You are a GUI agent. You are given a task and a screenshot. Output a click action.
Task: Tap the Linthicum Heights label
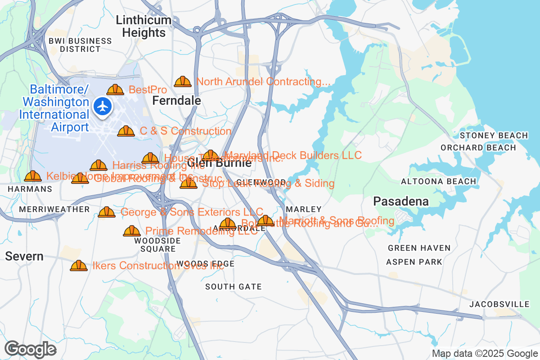[x=144, y=27]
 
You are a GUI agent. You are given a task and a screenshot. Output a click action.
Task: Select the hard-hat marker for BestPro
[x=115, y=90]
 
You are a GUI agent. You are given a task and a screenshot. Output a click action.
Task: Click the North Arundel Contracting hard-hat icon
[x=183, y=81]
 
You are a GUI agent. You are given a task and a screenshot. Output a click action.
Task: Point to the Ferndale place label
[x=176, y=101]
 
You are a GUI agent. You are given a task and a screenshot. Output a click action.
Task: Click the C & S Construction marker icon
[x=126, y=131]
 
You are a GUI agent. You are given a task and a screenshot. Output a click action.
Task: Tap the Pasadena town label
[x=401, y=201]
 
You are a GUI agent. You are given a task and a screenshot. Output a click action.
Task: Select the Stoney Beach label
[x=493, y=135]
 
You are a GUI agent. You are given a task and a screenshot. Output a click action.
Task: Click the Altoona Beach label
[x=438, y=181]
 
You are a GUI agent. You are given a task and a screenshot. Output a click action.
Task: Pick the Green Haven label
[x=419, y=248]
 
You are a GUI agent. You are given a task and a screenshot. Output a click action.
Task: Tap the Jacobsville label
[x=499, y=305]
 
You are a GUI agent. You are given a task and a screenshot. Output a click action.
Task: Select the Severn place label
[x=24, y=256]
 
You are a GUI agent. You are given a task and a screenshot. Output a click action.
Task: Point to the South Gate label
[x=233, y=287]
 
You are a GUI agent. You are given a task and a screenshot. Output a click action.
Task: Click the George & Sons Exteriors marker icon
[x=107, y=212]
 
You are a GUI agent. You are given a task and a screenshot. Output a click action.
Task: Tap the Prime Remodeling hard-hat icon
[x=132, y=231]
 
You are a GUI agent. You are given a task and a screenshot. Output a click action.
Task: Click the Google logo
[x=30, y=349]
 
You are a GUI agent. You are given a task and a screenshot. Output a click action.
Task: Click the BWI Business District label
[x=80, y=45]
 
